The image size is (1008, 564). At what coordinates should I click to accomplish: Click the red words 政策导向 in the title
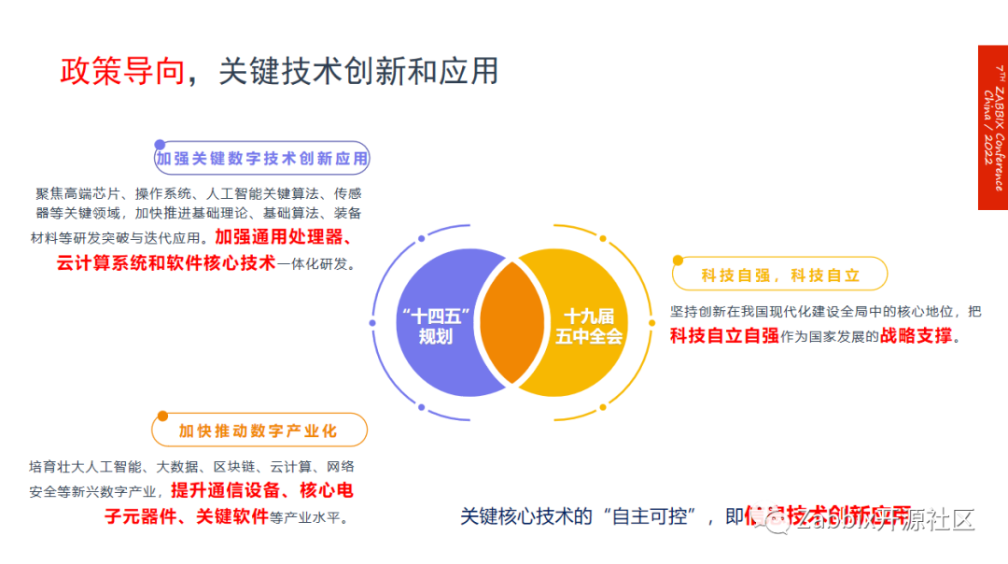pos(122,72)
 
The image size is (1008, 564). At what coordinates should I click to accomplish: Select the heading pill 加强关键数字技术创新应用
pos(262,159)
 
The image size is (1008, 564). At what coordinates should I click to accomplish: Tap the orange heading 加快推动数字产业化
pos(259,430)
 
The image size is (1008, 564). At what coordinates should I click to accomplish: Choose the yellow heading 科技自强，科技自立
pos(780,275)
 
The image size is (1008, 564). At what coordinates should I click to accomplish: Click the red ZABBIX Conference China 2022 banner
pos(993,128)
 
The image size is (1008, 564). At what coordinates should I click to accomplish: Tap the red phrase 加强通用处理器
pos(279,237)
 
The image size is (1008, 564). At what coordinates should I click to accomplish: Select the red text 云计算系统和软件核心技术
pos(166,262)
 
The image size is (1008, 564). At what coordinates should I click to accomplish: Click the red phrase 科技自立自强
pos(724,336)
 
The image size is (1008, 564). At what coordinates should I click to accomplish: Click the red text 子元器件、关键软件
pos(187,515)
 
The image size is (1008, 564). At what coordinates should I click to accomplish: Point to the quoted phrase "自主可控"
pos(653,516)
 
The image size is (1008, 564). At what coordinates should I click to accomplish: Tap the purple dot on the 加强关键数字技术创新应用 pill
pos(160,145)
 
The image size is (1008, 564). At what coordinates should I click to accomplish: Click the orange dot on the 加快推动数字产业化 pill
pos(162,416)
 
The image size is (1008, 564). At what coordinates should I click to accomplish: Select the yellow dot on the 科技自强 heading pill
pos(679,261)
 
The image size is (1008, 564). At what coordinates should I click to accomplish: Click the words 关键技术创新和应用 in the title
pos(358,72)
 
